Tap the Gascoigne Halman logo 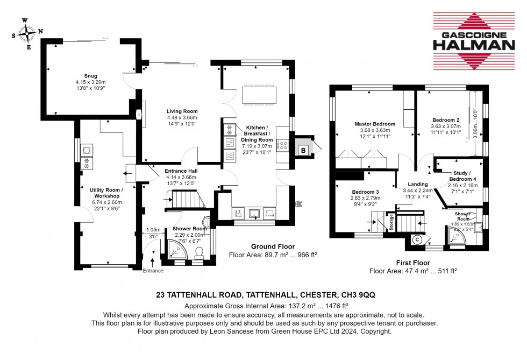click(474, 41)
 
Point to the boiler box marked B click(303, 150)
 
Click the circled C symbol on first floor click(417, 239)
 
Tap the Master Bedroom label click(375, 124)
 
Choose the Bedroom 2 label click(446, 120)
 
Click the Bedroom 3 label click(366, 192)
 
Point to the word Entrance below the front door click(153, 271)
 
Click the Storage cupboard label click(391, 222)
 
